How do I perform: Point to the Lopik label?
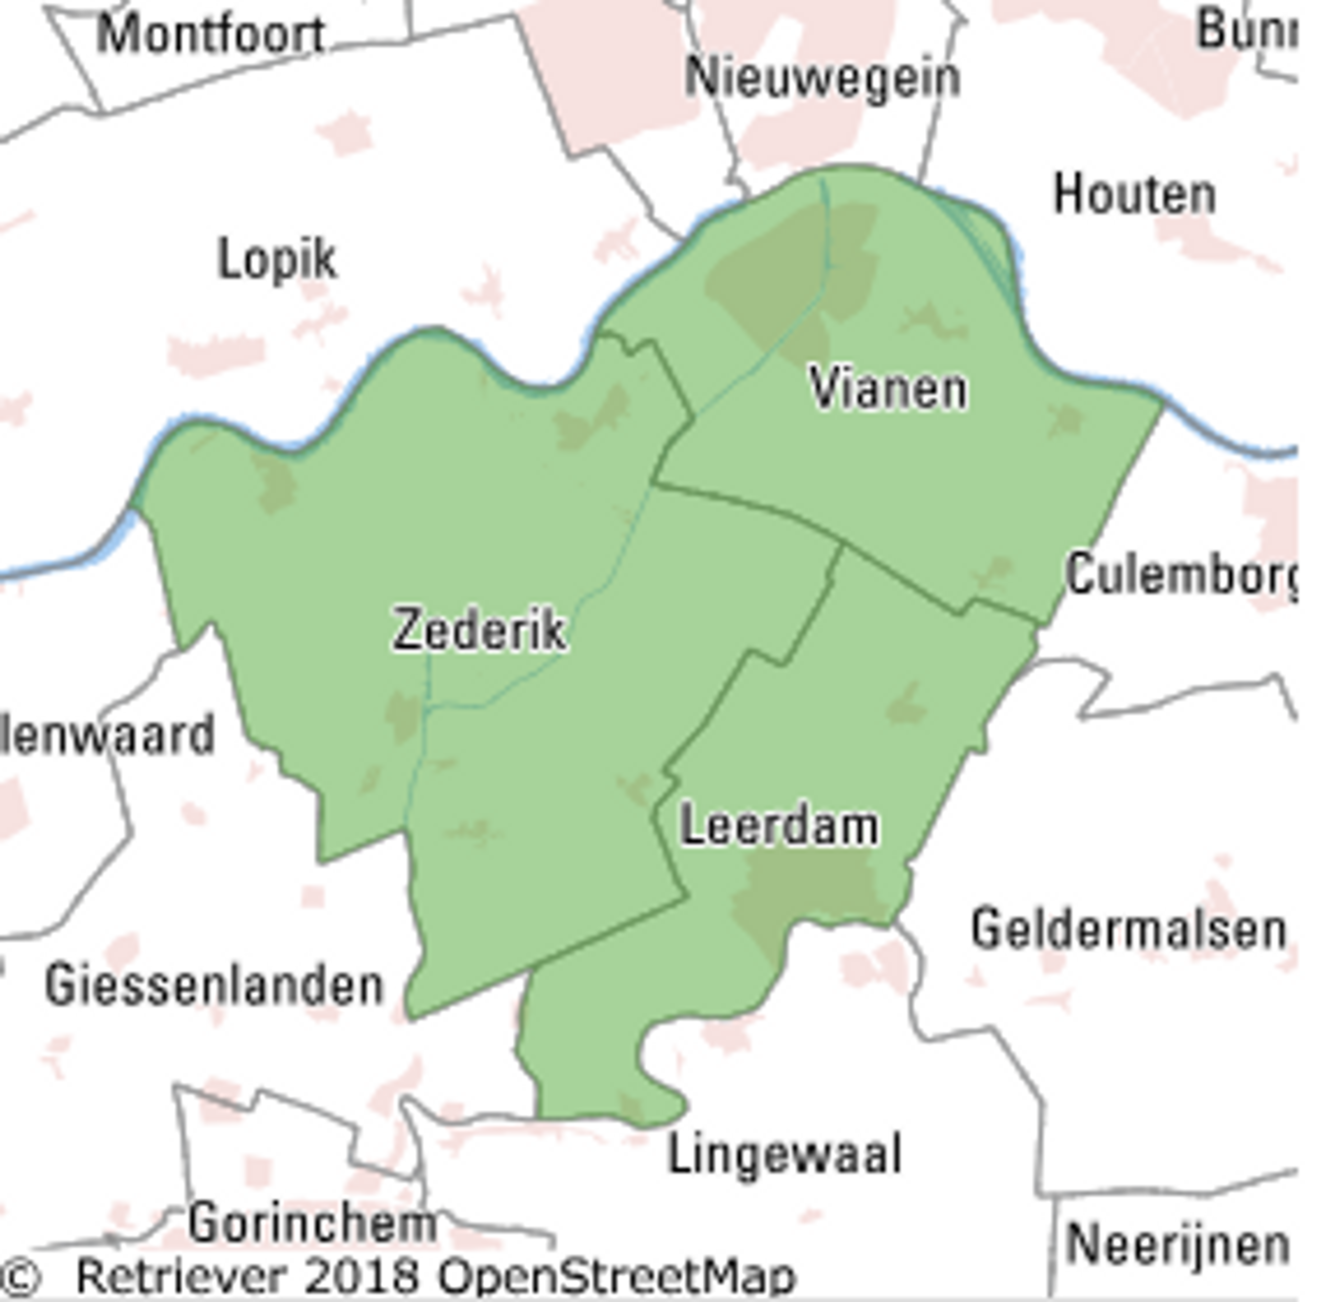point(277,260)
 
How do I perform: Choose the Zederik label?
point(479,630)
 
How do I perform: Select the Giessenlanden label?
point(214,986)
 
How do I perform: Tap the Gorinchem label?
point(312,1223)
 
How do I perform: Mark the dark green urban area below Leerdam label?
point(807,895)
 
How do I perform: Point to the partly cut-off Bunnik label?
point(1246,31)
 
